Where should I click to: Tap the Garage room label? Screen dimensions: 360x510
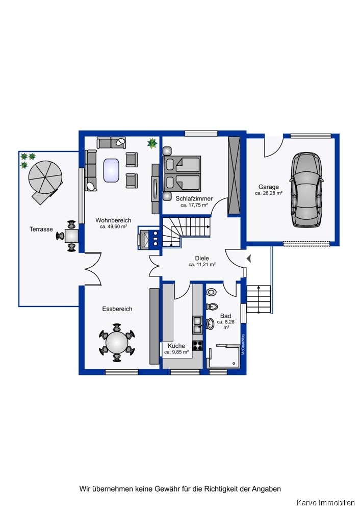coord(269,187)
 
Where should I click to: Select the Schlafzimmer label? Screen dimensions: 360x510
coord(194,198)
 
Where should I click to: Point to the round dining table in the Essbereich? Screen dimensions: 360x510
coord(117,342)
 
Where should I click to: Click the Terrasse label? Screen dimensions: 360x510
coord(41,229)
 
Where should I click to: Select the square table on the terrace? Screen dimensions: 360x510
coord(71,236)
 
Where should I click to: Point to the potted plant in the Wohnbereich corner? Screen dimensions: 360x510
coord(152,143)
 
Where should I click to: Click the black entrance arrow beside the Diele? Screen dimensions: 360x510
coord(249,259)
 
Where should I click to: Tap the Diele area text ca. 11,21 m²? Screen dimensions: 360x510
coord(202,265)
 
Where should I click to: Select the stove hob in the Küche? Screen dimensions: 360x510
coord(197,345)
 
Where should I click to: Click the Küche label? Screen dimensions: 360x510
coord(176,346)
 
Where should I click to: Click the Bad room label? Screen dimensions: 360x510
coord(226,316)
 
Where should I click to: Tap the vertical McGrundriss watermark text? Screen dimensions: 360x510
coord(243,344)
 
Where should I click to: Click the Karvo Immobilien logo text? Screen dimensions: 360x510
coord(325,503)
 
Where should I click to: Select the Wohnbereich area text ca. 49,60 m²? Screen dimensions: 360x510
coord(113,227)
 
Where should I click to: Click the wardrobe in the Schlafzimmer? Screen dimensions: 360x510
coord(234,175)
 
